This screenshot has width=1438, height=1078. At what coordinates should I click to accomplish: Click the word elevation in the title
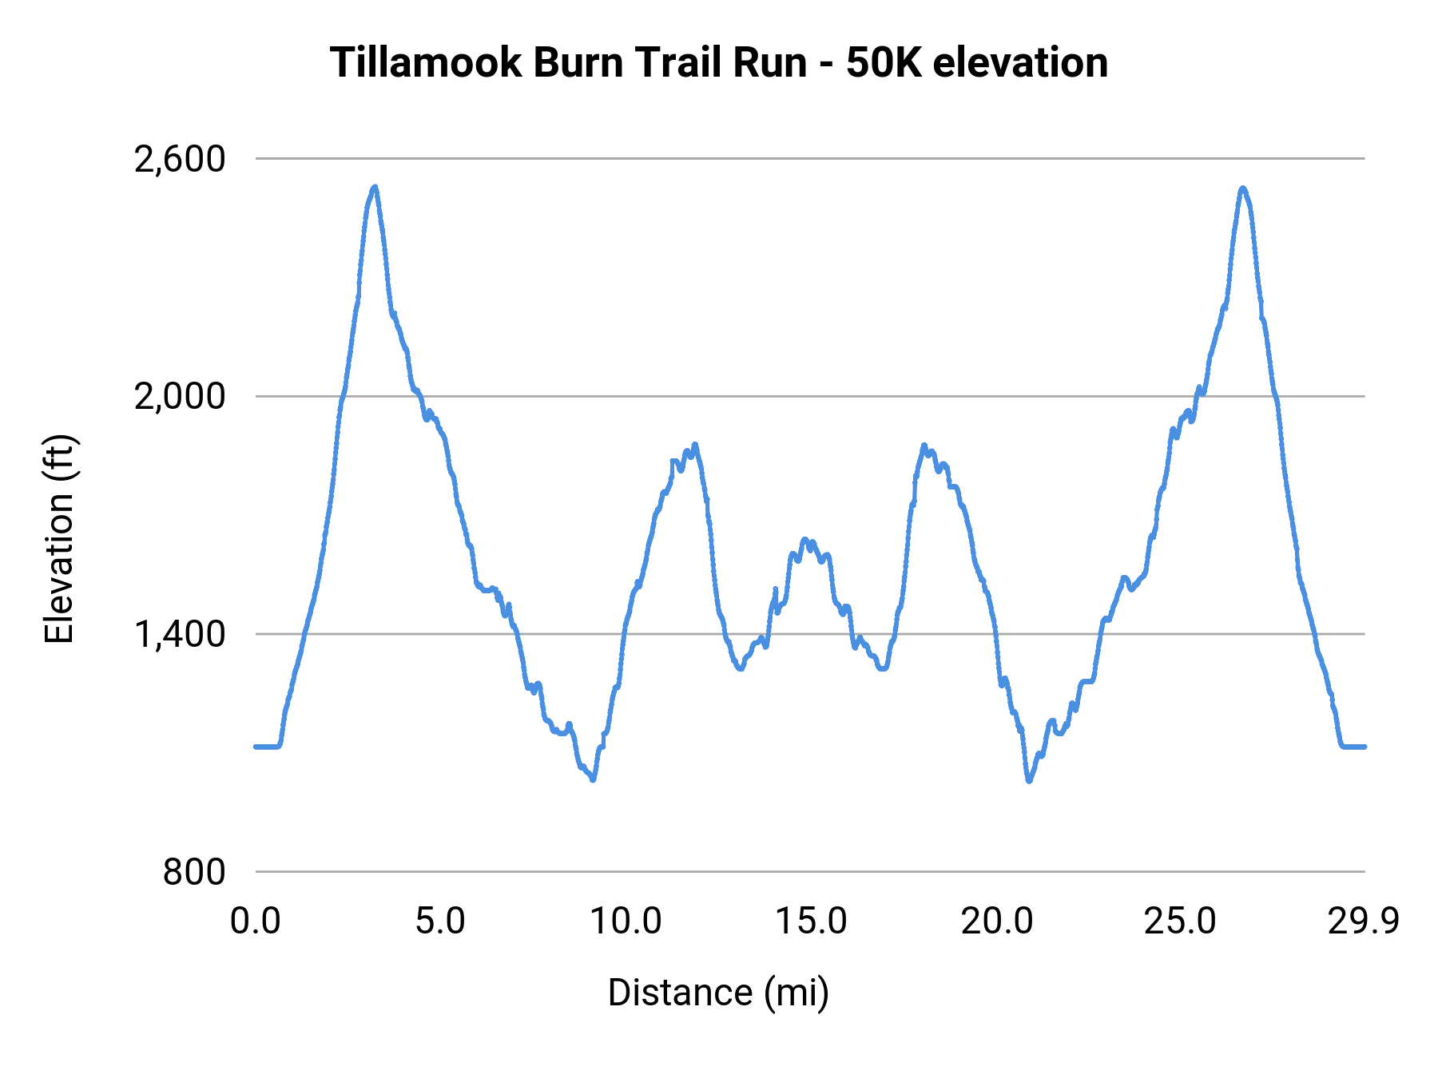pos(1020,62)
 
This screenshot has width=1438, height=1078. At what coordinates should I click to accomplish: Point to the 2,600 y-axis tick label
pos(180,159)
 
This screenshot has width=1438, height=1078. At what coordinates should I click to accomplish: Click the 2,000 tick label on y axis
pos(180,396)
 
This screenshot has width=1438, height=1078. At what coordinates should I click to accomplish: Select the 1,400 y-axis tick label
pos(180,634)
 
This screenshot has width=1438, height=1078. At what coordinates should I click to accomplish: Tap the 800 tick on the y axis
pos(194,872)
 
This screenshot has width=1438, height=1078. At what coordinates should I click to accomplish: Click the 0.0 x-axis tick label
pos(256,921)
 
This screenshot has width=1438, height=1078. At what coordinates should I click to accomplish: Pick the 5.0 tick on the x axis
pos(440,921)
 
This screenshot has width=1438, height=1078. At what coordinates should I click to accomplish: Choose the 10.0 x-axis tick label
pos(626,921)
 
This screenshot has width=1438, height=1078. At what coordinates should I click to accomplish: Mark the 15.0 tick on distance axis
pos(811,921)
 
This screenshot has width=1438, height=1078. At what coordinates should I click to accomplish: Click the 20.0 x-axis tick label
pos(996,921)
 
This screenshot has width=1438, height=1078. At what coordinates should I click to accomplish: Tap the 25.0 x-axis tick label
pos(1180,921)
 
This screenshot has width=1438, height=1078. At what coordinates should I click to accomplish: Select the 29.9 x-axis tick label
pos(1364,921)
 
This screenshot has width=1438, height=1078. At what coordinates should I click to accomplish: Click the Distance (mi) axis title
pos(718,993)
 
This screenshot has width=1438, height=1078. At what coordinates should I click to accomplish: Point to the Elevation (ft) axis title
pos(59,539)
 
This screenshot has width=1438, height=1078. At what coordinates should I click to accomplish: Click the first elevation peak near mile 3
pos(374,188)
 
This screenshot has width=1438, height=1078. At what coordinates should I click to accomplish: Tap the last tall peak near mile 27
pos(1242,189)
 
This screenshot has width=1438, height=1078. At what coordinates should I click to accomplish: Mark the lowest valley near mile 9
pos(593,779)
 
